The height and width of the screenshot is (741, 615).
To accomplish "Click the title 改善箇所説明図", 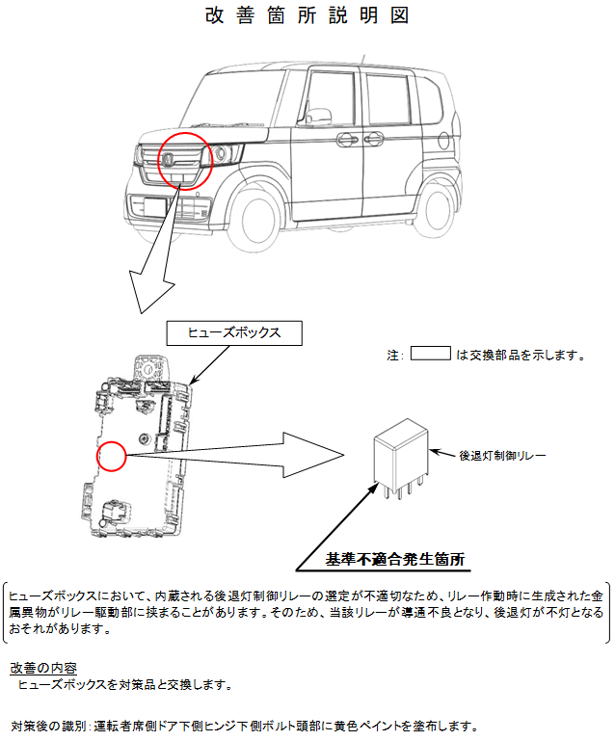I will [307, 16].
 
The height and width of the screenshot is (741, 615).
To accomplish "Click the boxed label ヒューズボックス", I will [234, 332].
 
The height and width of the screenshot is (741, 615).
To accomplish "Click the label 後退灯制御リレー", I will [500, 453].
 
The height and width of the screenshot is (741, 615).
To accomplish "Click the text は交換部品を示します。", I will [521, 355].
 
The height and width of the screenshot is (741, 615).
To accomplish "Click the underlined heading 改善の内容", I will [43, 667].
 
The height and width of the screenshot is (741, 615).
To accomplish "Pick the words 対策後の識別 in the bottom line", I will [48, 725].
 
